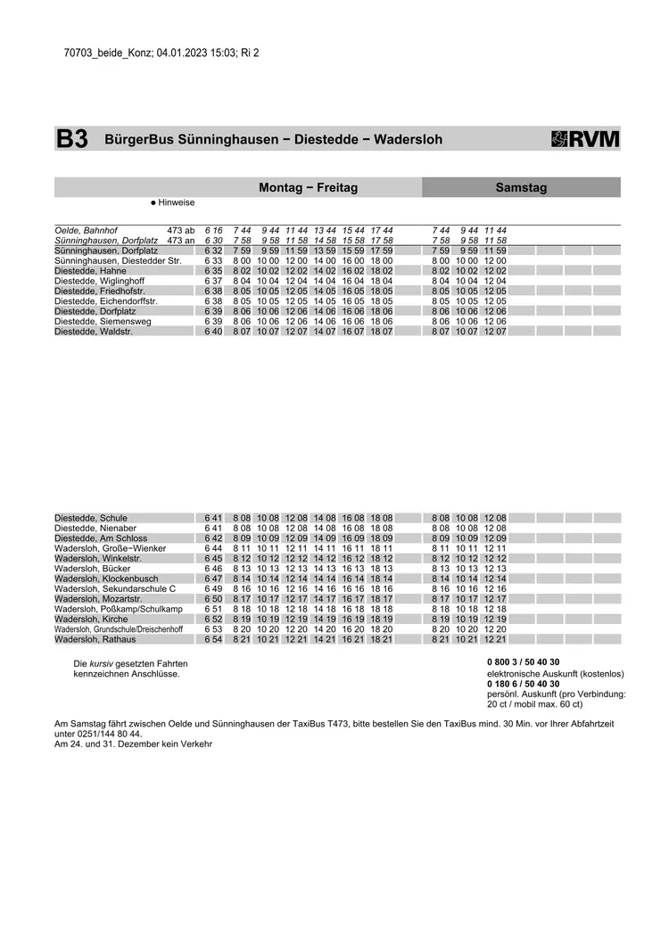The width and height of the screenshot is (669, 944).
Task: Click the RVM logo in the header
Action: [x=586, y=139]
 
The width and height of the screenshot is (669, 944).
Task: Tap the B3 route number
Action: [x=72, y=139]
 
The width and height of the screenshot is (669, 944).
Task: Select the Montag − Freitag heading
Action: [x=308, y=188]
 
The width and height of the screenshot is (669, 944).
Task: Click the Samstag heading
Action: [x=521, y=188]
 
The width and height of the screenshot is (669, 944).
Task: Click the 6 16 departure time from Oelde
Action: [x=213, y=230]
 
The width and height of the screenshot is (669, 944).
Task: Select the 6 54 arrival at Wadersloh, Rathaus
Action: [x=213, y=639]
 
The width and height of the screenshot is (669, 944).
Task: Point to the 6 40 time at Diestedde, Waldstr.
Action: [x=213, y=331]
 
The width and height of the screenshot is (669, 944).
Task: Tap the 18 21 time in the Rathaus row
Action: [x=381, y=639]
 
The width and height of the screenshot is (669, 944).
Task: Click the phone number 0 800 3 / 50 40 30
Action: [x=524, y=662]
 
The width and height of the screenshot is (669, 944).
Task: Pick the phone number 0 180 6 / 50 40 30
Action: [x=524, y=684]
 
